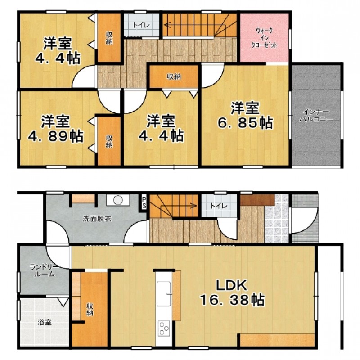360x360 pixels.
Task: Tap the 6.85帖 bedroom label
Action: tap(245, 116)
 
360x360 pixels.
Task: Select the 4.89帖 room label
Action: tap(55, 129)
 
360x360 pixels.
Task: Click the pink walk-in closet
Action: tap(264, 38)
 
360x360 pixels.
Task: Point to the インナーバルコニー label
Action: tap(316, 116)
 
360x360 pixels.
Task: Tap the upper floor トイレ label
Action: tap(141, 25)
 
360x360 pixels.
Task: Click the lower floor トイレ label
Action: tap(219, 206)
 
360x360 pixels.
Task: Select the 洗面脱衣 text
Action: tap(97, 219)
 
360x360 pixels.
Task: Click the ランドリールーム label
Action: tap(44, 270)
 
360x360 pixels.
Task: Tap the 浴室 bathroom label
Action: tap(45, 322)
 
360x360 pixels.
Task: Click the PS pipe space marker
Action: tap(144, 202)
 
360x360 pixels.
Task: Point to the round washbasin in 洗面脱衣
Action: tap(118, 200)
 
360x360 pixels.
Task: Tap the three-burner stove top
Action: tap(164, 329)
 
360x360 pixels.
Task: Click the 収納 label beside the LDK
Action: tap(90, 309)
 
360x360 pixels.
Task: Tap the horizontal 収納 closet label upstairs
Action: tap(174, 76)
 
